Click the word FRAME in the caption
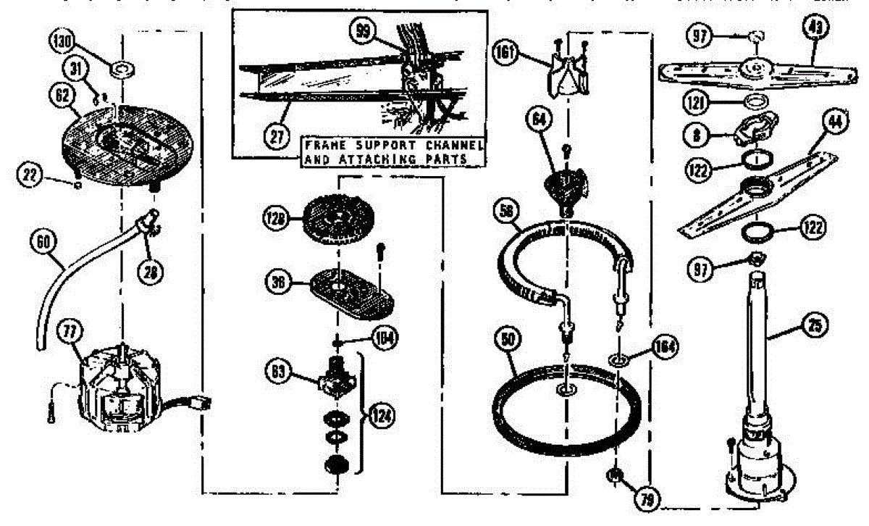(324, 144)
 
